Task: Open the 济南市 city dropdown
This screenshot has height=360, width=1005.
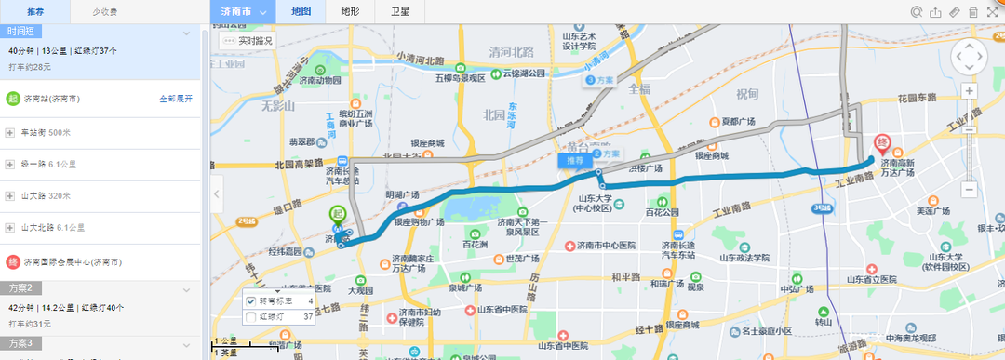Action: (x=245, y=11)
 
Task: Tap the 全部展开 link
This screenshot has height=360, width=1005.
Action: (x=175, y=98)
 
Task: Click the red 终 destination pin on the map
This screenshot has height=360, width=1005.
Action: (x=883, y=145)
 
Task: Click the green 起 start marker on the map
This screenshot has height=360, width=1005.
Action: (x=337, y=214)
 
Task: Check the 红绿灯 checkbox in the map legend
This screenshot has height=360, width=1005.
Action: (x=250, y=317)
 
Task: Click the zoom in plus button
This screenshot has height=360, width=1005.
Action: (x=969, y=90)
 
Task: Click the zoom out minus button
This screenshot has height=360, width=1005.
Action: (x=969, y=190)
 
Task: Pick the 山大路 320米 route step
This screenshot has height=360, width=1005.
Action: (x=46, y=195)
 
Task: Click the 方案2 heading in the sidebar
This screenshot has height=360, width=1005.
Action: (x=20, y=287)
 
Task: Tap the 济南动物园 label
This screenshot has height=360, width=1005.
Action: (x=320, y=80)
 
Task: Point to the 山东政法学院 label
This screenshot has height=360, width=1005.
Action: (x=742, y=258)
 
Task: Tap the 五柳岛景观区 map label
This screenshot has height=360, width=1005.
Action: (x=458, y=78)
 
